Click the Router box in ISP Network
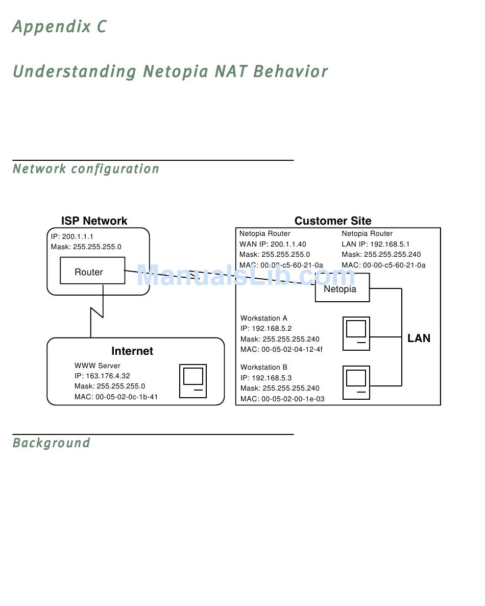pyautogui.click(x=92, y=271)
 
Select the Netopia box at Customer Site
pyautogui.click(x=342, y=287)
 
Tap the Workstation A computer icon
pyautogui.click(x=356, y=333)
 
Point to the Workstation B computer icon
pyautogui.click(x=356, y=382)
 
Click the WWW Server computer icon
pyautogui.click(x=193, y=381)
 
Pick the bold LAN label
pyautogui.click(x=419, y=338)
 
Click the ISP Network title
pyautogui.click(x=94, y=221)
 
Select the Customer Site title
pyautogui.click(x=333, y=221)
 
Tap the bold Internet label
pyautogui.click(x=132, y=351)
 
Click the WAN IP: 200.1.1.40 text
pyautogui.click(x=273, y=244)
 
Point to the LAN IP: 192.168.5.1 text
pyautogui.click(x=376, y=244)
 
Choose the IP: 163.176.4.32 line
pyautogui.click(x=103, y=376)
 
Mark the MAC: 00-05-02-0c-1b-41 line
pyautogui.click(x=116, y=397)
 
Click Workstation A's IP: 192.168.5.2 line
pyautogui.click(x=266, y=328)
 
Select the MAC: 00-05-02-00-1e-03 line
pyautogui.click(x=282, y=399)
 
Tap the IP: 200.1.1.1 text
pyautogui.click(x=72, y=236)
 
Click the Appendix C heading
pyautogui.click(x=60, y=27)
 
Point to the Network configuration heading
pyautogui.click(x=86, y=169)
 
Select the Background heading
pyautogui.click(x=52, y=443)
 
